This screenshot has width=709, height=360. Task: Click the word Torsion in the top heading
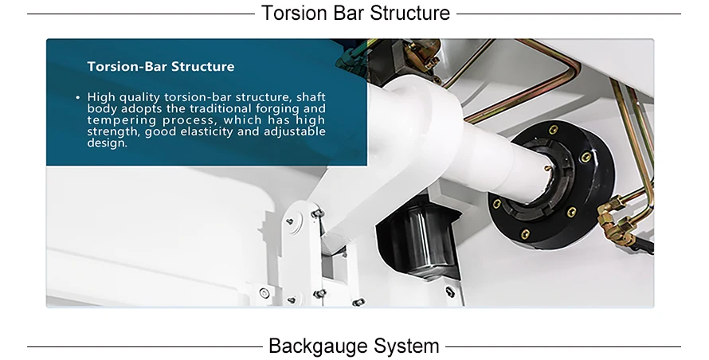coord(292,13)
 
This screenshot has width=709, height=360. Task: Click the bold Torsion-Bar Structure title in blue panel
coord(161,67)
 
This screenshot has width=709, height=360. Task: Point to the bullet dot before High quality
coord(77,97)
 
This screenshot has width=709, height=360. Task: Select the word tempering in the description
coord(119,120)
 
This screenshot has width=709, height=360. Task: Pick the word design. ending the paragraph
coord(107,143)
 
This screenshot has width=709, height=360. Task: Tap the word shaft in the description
coord(311,97)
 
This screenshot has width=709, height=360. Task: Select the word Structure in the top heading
coord(409,13)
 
